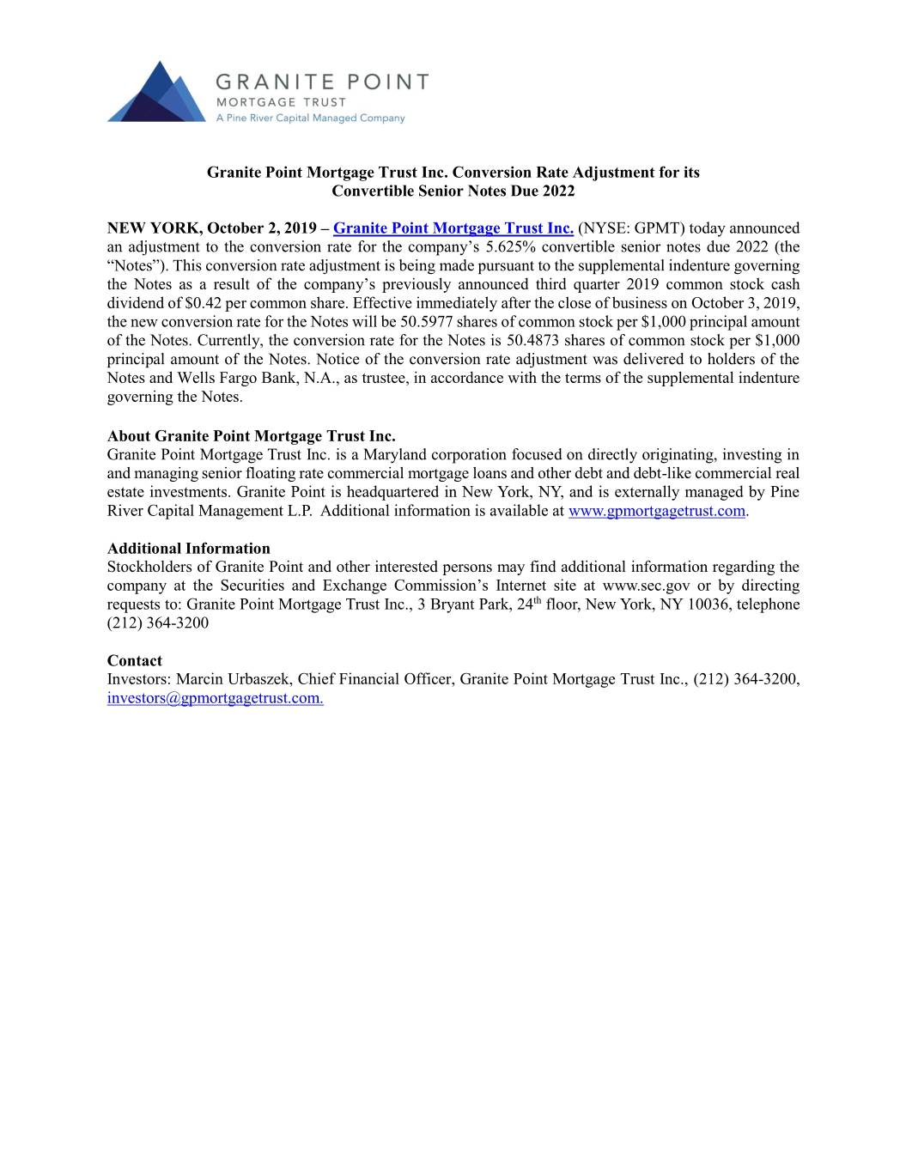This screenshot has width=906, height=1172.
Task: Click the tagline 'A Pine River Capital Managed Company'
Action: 309,118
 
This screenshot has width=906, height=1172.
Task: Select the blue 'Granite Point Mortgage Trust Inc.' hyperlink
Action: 453,228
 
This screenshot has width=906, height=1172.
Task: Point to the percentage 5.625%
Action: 512,247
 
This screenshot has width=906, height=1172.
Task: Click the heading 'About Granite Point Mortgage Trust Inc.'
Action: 251,436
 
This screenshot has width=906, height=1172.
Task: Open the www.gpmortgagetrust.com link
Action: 657,512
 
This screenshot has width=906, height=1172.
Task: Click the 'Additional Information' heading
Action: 188,549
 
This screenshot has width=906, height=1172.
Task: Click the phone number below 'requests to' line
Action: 157,623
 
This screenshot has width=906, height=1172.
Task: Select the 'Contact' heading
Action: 134,661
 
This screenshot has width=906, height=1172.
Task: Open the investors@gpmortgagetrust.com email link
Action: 215,699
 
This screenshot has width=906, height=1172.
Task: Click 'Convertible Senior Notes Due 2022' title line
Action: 453,191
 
